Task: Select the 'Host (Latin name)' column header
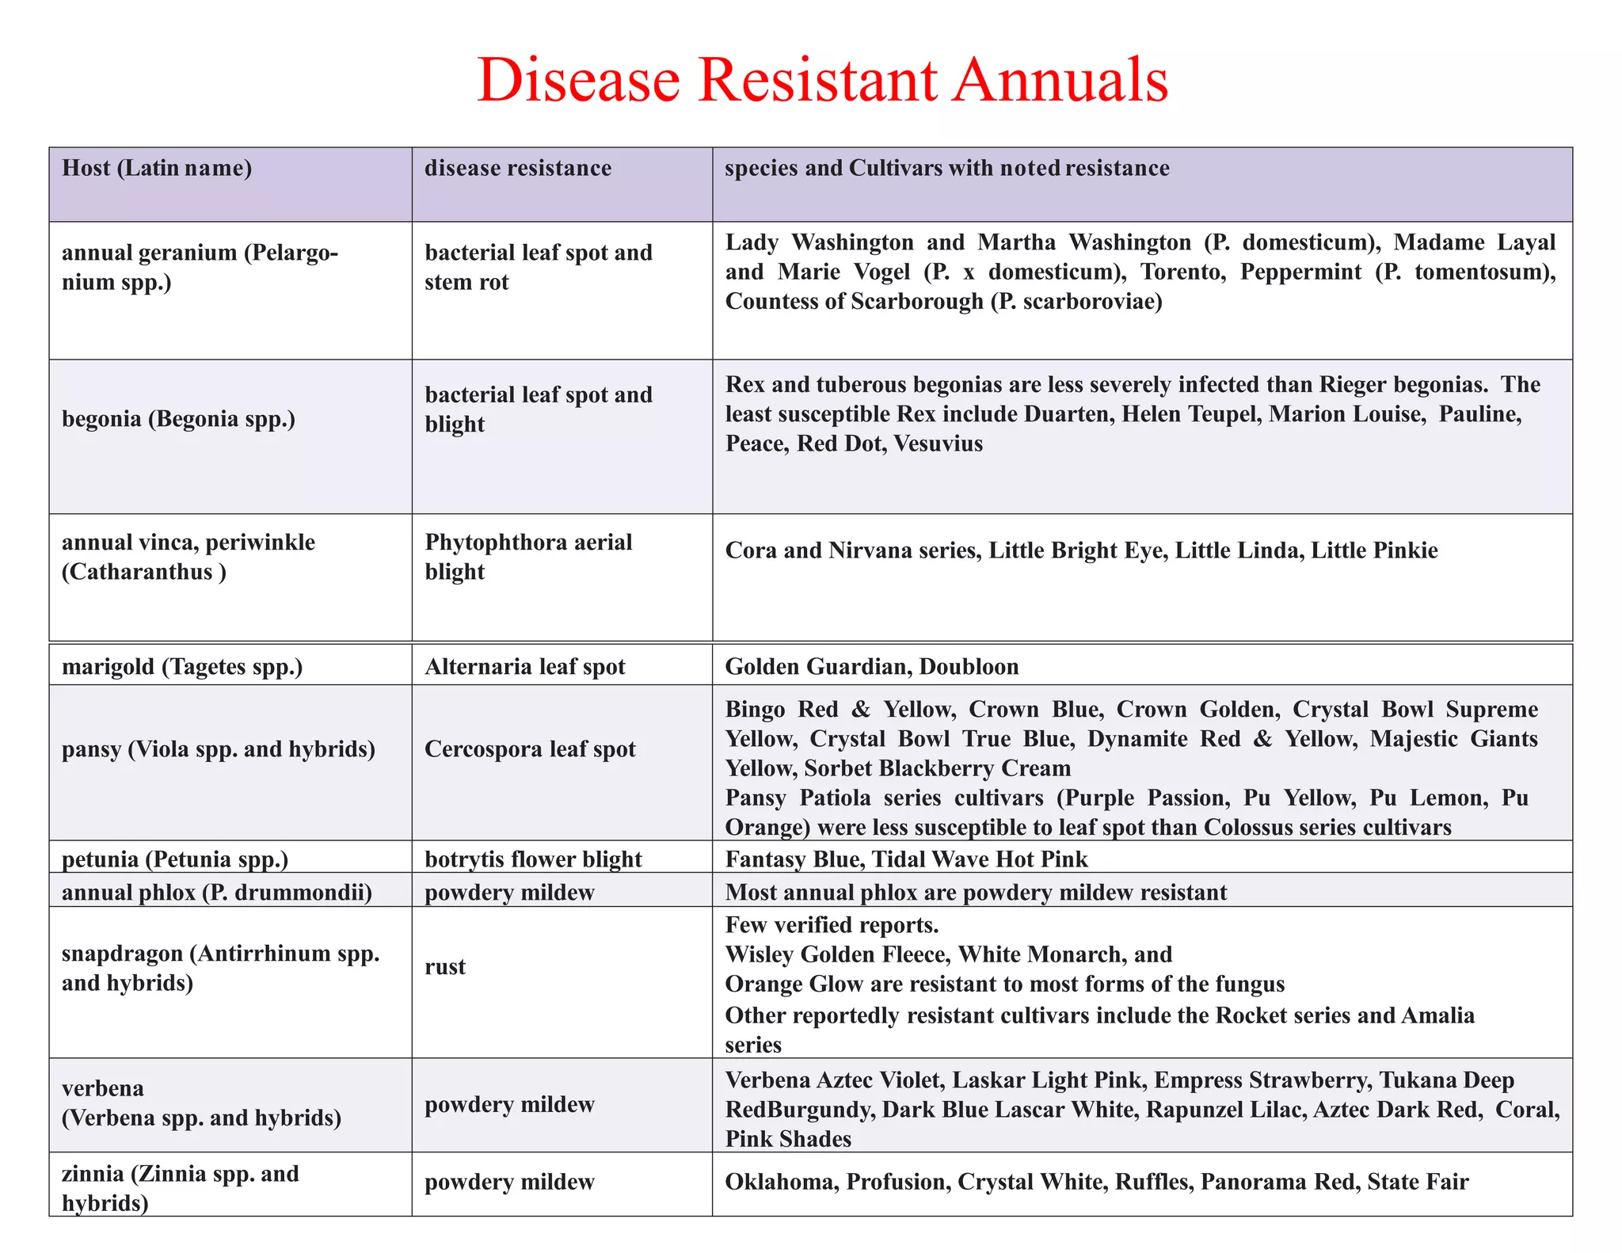(157, 168)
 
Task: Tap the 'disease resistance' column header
(518, 168)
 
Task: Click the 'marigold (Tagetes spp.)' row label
(182, 667)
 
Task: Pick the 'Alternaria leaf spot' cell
(525, 667)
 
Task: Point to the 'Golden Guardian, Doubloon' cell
(872, 666)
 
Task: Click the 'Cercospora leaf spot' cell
(530, 749)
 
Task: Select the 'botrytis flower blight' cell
(533, 859)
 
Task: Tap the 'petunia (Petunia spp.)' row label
(175, 859)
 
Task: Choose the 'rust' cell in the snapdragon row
(445, 967)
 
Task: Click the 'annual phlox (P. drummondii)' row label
(217, 893)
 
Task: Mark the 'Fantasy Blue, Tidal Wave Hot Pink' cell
(907, 859)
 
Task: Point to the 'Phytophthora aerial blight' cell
(528, 557)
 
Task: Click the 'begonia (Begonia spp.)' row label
(179, 419)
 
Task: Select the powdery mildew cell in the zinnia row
(509, 1183)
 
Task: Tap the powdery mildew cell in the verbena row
(509, 1105)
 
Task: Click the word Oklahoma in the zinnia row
(782, 1183)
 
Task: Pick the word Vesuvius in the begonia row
(938, 444)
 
